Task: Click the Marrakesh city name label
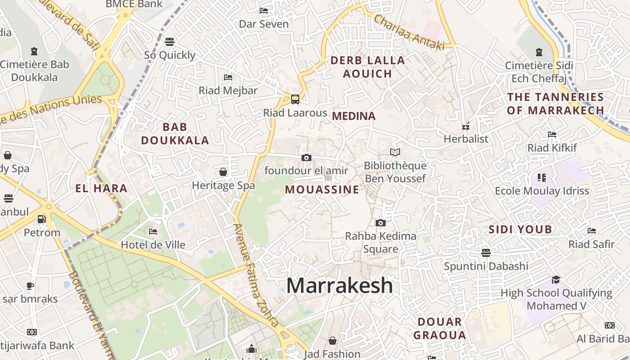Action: [x=340, y=285]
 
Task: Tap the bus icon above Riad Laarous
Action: [x=295, y=99]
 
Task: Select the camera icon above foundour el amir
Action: [x=306, y=157]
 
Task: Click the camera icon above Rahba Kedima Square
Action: [x=381, y=223]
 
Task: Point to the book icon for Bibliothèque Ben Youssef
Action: [x=395, y=153]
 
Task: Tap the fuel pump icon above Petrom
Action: [x=41, y=219]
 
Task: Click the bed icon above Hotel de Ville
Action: [x=153, y=232]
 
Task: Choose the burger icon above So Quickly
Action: [x=170, y=42]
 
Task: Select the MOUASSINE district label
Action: [x=322, y=190]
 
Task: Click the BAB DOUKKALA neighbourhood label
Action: [x=175, y=134]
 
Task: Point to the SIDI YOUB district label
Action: [x=520, y=229]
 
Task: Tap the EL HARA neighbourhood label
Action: [x=101, y=189]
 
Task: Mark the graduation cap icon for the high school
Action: [x=556, y=279]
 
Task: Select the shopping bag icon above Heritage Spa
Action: [x=223, y=172]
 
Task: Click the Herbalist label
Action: [x=466, y=139]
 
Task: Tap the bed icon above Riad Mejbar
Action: [x=228, y=77]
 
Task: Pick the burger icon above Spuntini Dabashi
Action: [x=486, y=252]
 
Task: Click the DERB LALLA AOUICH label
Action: [x=368, y=67]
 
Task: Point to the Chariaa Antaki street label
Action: [x=409, y=32]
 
